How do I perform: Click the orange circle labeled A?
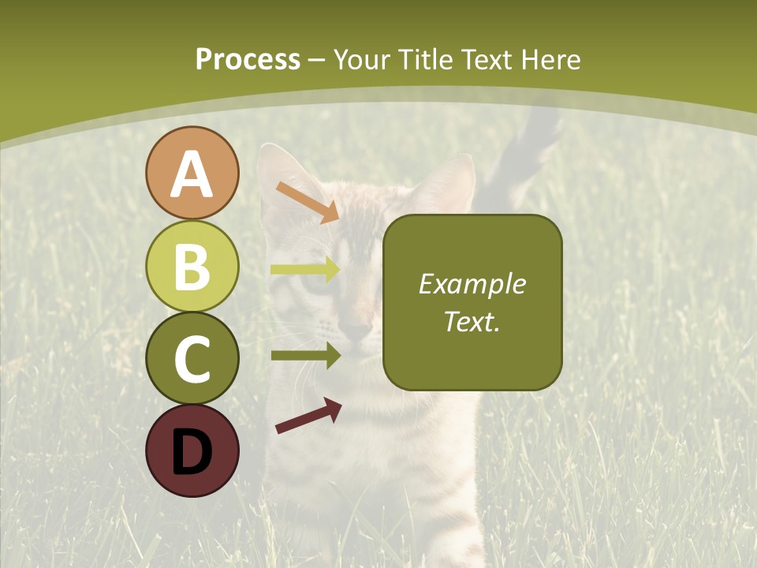(x=192, y=173)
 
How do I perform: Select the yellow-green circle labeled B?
(x=192, y=266)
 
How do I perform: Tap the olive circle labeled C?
(x=192, y=358)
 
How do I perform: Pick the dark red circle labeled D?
(x=192, y=450)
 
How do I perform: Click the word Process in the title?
(x=248, y=59)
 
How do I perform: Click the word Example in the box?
(x=472, y=284)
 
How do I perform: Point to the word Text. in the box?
(x=472, y=322)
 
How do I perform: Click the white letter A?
(x=192, y=174)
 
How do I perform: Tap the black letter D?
(x=192, y=452)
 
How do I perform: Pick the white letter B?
(x=192, y=267)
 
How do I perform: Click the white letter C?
(x=192, y=359)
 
